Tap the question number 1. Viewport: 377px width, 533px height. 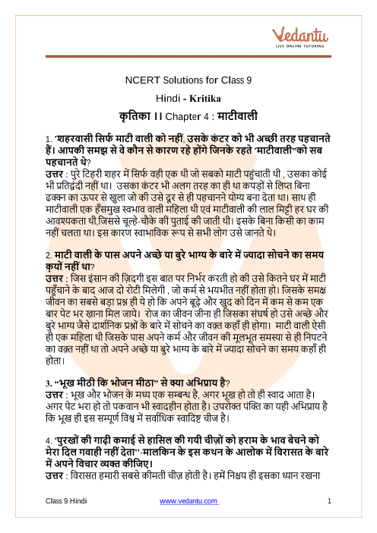pos(47,138)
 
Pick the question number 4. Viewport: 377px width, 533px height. pos(47,442)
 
